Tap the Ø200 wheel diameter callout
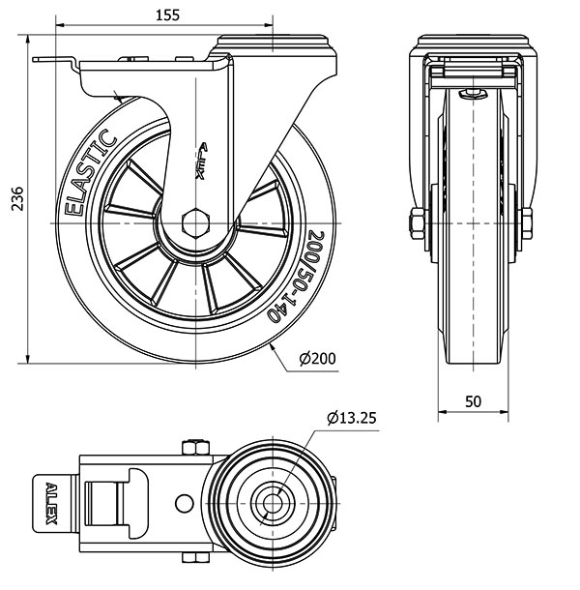[x=317, y=359]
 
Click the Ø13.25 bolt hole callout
[x=352, y=418]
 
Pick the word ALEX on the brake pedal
[x=50, y=502]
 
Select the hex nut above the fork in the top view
[x=191, y=448]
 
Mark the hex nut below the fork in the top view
[x=192, y=558]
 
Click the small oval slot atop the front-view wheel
[x=473, y=94]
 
